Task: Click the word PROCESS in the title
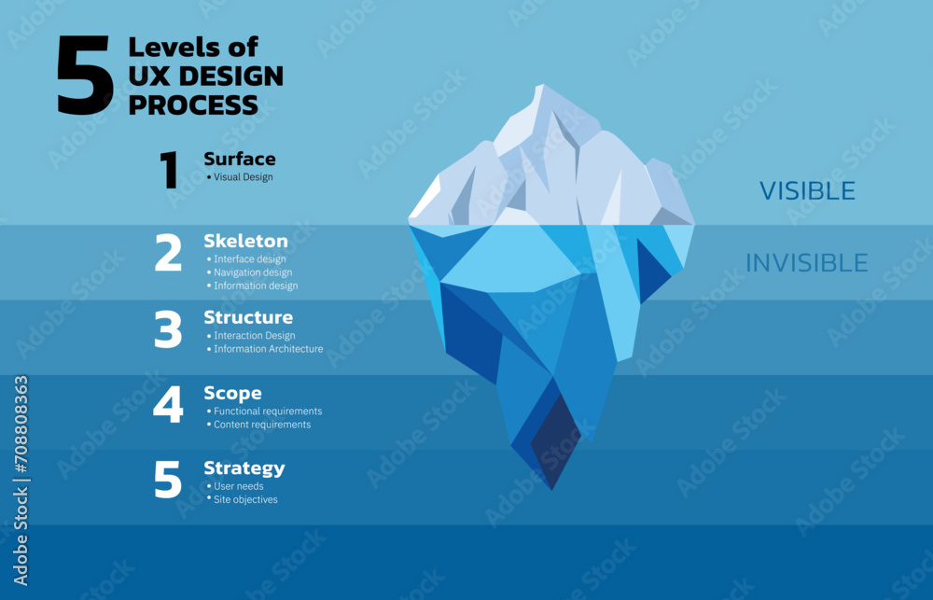tap(193, 105)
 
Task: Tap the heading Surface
tap(240, 159)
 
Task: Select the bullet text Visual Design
tap(244, 177)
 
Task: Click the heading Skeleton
tap(246, 241)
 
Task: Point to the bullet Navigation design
tap(253, 272)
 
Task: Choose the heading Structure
tap(248, 317)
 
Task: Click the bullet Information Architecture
tap(269, 349)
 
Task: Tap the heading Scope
tap(232, 393)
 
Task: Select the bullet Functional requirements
tap(268, 411)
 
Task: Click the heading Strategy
tap(244, 467)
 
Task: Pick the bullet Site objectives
tap(245, 499)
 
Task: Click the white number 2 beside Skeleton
tap(168, 253)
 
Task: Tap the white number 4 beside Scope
tap(168, 405)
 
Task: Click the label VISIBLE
tap(807, 191)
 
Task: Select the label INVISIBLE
tap(806, 263)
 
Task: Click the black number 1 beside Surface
tap(170, 171)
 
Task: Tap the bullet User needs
tap(239, 486)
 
